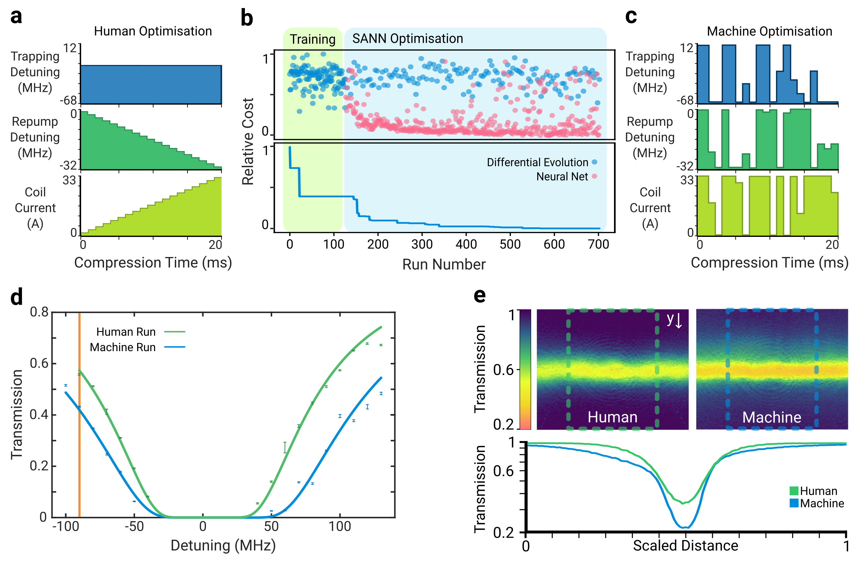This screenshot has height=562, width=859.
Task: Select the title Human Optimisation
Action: (x=153, y=31)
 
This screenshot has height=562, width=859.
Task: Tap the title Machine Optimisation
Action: (x=769, y=31)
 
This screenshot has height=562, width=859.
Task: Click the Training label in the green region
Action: (x=312, y=39)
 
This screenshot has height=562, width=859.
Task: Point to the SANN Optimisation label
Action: (x=408, y=39)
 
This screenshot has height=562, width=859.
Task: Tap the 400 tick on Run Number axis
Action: (x=466, y=244)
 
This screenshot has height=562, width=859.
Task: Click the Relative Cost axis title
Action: (x=248, y=141)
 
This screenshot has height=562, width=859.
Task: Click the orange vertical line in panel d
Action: (x=79, y=415)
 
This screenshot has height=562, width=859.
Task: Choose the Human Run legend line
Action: (x=175, y=331)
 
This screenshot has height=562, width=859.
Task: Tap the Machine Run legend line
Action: (x=175, y=347)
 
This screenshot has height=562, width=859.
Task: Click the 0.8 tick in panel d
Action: (x=39, y=312)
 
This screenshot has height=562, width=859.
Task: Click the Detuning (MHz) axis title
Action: (x=223, y=545)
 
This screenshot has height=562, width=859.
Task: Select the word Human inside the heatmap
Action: (x=612, y=417)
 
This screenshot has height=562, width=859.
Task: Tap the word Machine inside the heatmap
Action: (x=772, y=417)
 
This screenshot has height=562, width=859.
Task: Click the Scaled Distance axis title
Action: (x=685, y=545)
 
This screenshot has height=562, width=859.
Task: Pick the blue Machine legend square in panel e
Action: (x=794, y=503)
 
